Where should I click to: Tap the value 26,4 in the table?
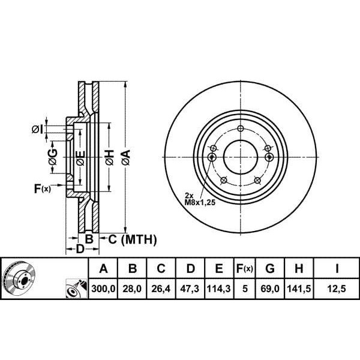coord(160,288)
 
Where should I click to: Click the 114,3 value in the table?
coord(218,288)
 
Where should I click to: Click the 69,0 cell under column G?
coord(271,288)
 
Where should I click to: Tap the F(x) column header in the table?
coord(245,268)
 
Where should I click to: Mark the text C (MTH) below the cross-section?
coord(132,240)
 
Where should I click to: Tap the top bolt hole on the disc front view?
coord(241,130)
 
